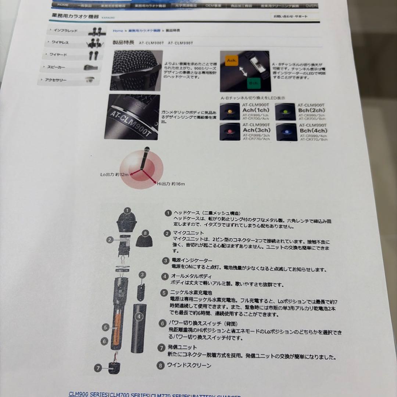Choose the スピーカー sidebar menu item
click(x=56, y=67)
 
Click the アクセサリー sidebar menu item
click(x=56, y=80)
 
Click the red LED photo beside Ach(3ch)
click(x=230, y=131)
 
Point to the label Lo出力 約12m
click(x=114, y=175)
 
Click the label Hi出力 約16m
click(x=171, y=183)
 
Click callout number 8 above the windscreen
click(x=145, y=233)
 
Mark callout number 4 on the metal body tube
click(x=138, y=316)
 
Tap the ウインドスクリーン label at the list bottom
click(x=189, y=365)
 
